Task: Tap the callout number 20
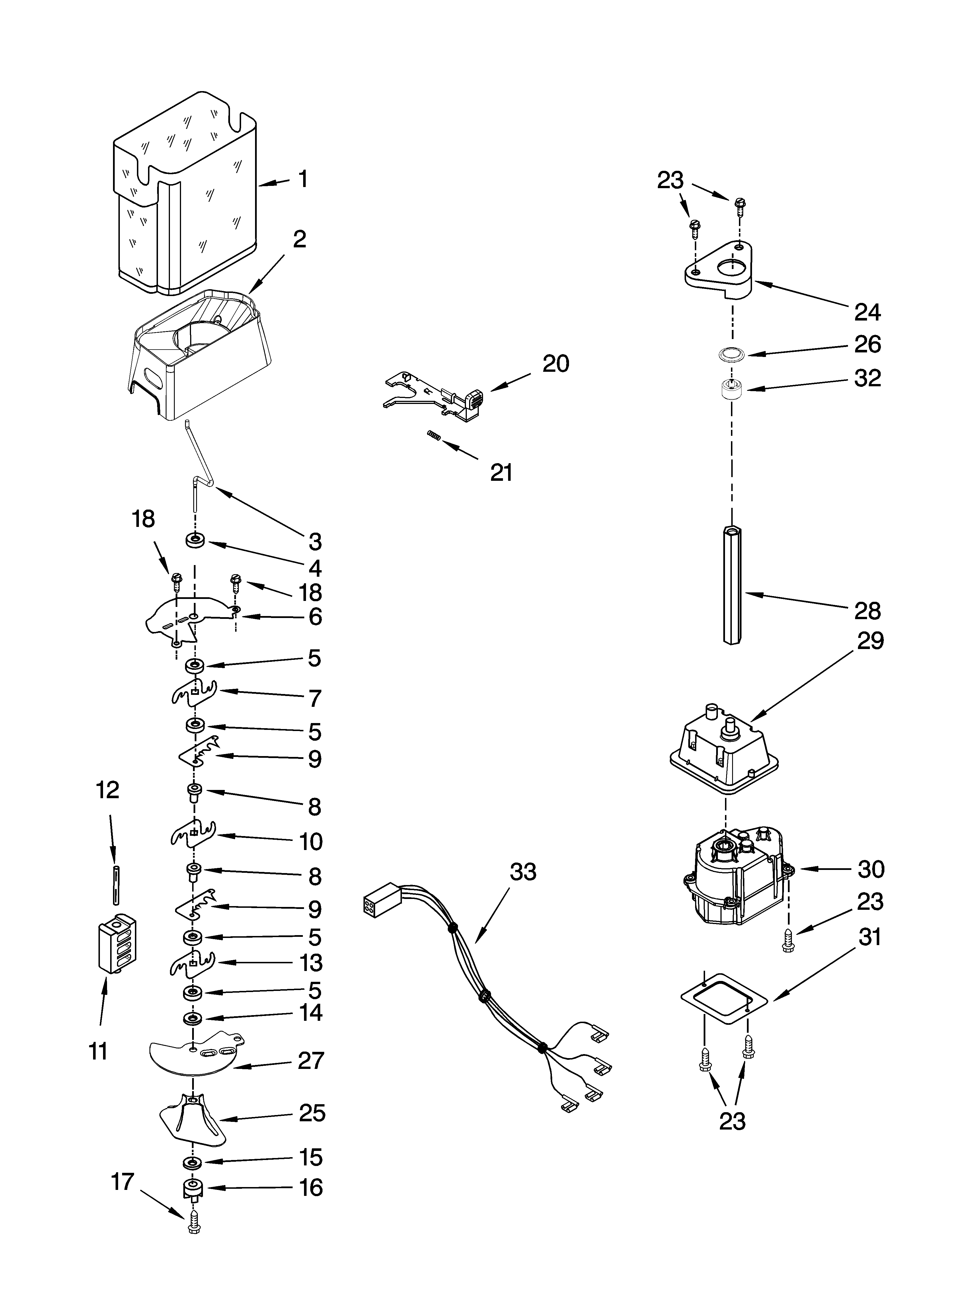pyautogui.click(x=555, y=364)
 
